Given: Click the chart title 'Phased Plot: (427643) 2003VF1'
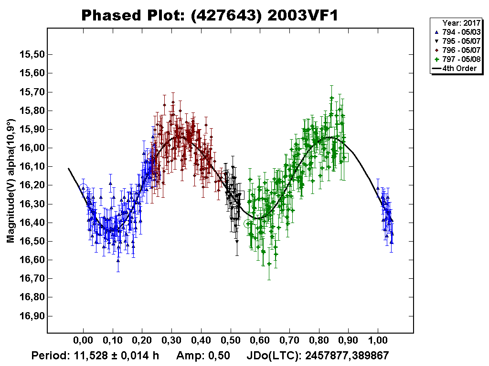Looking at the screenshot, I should [210, 15].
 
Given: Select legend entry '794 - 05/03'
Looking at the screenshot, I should [457, 31].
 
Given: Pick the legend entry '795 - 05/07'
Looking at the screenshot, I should [457, 41].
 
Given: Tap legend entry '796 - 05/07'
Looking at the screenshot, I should [457, 50].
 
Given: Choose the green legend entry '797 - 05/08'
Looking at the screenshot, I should [457, 60].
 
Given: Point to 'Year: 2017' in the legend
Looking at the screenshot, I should [460, 22].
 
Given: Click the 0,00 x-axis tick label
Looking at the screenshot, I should [83, 341].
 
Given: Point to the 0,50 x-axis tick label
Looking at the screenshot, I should [231, 341].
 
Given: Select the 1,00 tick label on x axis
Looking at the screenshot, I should [378, 341].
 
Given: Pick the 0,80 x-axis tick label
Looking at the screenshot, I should [319, 341].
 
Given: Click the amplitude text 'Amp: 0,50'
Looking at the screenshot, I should [203, 356].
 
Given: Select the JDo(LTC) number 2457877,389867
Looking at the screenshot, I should [342, 356].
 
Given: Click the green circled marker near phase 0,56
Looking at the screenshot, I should [248, 224].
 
